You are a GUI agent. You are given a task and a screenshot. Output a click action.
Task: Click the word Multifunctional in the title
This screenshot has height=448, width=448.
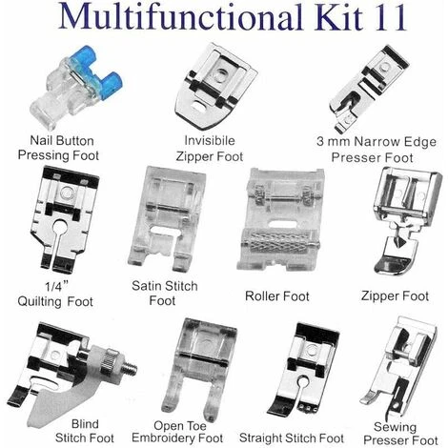point(179,16)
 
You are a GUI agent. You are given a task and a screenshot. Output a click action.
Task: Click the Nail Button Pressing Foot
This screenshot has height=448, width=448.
point(75,88)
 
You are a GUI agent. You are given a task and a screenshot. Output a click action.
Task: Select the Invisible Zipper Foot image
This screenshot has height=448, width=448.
point(215,87)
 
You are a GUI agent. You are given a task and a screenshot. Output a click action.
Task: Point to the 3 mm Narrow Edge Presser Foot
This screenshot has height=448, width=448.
point(369,89)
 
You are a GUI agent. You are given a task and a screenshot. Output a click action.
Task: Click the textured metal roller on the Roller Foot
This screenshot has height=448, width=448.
point(279,242)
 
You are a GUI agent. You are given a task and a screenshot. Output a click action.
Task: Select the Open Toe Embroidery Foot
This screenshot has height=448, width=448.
point(199,369)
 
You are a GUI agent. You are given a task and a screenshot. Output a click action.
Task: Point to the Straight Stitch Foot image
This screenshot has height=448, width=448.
point(303,370)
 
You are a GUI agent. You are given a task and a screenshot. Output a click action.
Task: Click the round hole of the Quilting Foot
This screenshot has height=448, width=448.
point(60,227)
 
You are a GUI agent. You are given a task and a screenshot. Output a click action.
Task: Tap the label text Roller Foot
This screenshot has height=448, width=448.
point(277,296)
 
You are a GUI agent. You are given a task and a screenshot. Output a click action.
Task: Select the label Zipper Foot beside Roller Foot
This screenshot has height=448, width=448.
point(395,296)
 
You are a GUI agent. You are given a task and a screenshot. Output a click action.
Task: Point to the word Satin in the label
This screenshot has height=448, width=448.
point(147,286)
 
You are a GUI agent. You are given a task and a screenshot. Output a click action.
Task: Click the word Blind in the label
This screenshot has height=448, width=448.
point(85,424)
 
